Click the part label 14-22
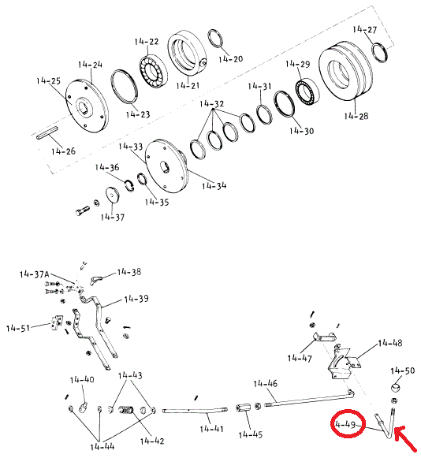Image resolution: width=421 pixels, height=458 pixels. (147, 42)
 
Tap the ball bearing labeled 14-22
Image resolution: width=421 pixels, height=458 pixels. (153, 71)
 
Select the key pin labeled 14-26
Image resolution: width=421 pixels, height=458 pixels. (47, 132)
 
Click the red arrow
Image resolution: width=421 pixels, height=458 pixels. (405, 439)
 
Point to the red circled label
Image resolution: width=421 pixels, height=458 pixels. (348, 424)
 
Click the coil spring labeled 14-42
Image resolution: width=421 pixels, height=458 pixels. (125, 410)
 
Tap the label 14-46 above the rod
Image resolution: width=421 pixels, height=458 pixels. (265, 384)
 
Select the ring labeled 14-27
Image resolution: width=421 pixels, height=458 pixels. (380, 52)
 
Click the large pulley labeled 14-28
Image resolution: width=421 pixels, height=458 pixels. (345, 71)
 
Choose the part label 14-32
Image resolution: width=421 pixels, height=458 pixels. (212, 104)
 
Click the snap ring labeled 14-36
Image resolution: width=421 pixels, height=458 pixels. (129, 186)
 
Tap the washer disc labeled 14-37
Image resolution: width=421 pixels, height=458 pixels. (113, 195)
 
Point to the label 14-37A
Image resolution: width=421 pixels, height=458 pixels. (34, 274)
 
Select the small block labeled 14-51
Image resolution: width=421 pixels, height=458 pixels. (57, 322)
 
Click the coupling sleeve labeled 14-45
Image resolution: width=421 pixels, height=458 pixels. (243, 408)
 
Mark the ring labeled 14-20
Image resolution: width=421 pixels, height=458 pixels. (216, 38)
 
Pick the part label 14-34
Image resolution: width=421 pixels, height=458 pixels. (214, 186)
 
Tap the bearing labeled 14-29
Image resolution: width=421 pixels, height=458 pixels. (307, 91)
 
